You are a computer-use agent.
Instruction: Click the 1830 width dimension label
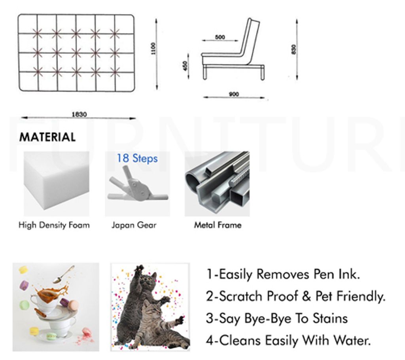tap(79, 114)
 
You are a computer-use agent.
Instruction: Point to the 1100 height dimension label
tap(153, 49)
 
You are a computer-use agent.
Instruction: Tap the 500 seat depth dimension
tap(220, 37)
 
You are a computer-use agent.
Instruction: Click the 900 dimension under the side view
tap(234, 94)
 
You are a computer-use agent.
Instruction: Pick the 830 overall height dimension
tap(294, 49)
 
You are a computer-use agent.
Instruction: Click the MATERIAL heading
tap(47, 137)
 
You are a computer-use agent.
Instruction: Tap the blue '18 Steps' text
tap(137, 158)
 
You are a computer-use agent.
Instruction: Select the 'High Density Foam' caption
tap(54, 225)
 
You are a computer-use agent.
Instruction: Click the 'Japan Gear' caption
tap(134, 225)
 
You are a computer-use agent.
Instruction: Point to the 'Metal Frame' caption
tap(218, 225)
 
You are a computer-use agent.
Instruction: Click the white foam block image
tap(57, 184)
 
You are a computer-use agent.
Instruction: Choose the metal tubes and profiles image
tap(217, 184)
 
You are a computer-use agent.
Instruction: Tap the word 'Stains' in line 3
tap(330, 318)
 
